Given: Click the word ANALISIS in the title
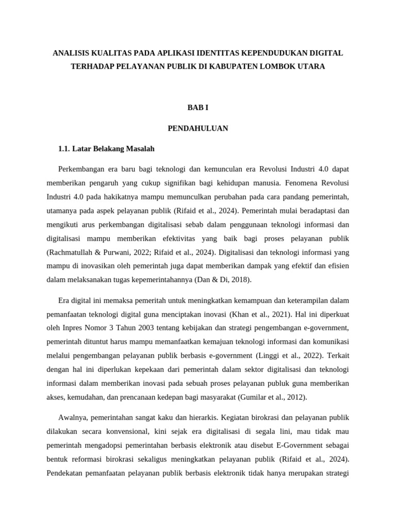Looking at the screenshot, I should point(73,53).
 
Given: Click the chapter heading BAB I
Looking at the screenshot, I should point(197,107).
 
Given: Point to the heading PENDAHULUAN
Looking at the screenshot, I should point(197,128).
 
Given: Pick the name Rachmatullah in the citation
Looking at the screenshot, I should point(71,252).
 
